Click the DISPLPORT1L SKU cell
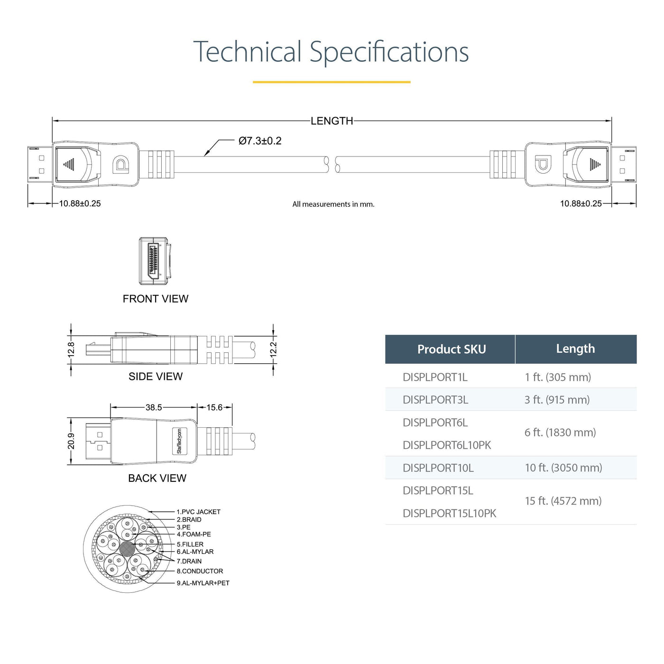(x=435, y=377)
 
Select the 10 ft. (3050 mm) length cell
(x=563, y=468)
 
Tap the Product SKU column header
(x=452, y=349)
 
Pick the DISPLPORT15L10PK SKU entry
(x=449, y=513)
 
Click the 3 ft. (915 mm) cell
(x=557, y=400)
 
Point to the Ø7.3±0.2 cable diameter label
(x=260, y=140)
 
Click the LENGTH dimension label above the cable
(x=332, y=121)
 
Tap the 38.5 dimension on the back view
(x=154, y=407)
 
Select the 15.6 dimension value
(x=214, y=407)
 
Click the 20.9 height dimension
(x=71, y=442)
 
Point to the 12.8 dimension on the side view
(x=71, y=350)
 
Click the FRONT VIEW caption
(x=156, y=298)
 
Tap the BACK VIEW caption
(x=157, y=478)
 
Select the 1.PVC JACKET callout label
(x=198, y=512)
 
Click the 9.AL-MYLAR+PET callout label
(x=203, y=583)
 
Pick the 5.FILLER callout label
(x=190, y=544)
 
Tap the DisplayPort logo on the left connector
(x=120, y=165)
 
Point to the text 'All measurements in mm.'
(x=333, y=204)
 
